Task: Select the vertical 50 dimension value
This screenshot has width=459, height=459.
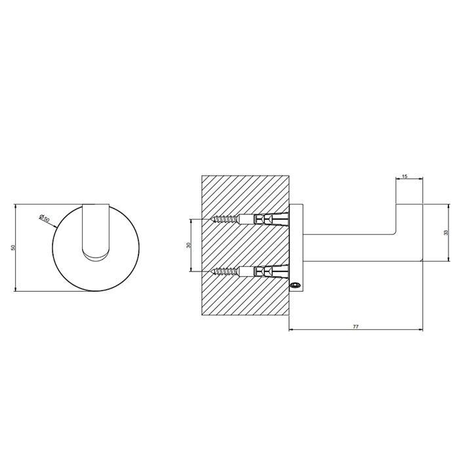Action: [13, 248]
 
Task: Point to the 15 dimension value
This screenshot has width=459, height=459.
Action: [404, 176]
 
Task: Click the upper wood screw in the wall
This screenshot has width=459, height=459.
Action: [226, 219]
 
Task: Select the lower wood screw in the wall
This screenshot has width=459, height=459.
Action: [226, 270]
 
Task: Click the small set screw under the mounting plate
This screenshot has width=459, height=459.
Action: [296, 285]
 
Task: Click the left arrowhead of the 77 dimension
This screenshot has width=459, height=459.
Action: [290, 330]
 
